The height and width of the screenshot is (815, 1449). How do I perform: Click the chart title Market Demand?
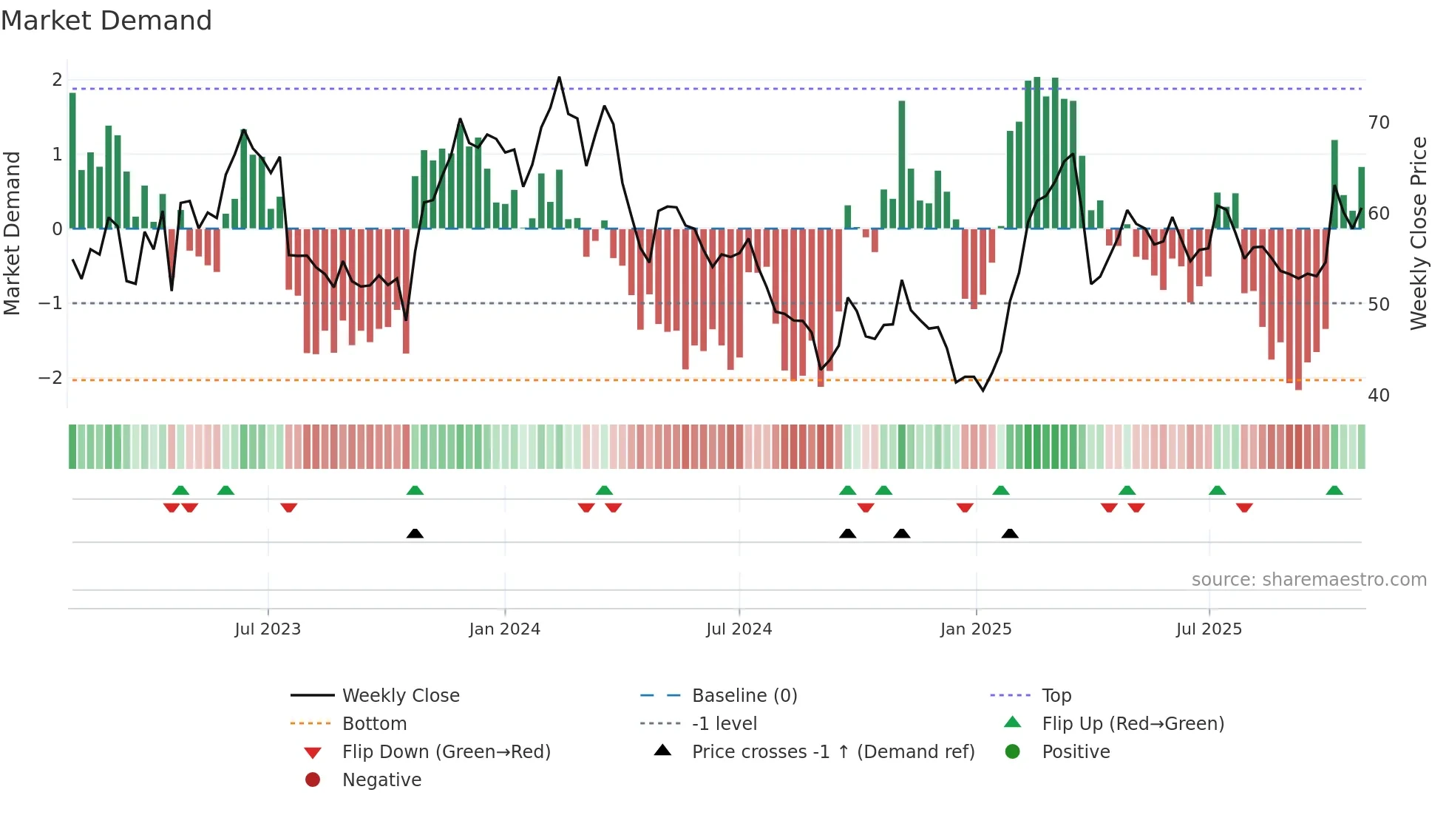point(106,21)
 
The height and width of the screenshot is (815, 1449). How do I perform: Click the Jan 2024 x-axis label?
point(504,629)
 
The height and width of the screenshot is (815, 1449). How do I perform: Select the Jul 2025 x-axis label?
point(1209,629)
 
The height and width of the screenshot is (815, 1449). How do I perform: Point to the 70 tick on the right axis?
point(1378,122)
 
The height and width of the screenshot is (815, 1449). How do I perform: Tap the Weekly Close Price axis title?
point(1418,233)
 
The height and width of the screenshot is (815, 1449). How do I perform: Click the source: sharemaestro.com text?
point(1309,579)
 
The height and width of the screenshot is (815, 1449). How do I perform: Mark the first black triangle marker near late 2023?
point(415,533)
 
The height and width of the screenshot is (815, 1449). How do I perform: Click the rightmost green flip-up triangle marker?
point(1334,490)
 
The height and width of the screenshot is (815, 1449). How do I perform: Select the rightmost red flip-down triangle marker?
point(1244,507)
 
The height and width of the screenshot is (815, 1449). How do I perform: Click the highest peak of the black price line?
point(559,78)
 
